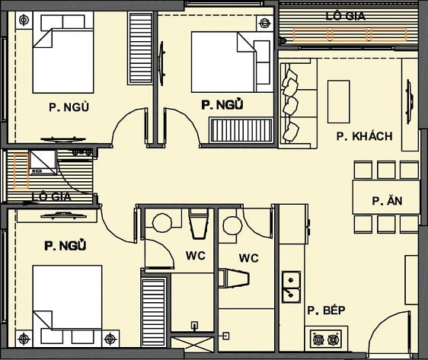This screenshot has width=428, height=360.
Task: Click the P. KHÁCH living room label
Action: [364, 136]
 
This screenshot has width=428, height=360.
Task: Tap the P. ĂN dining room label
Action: [386, 201]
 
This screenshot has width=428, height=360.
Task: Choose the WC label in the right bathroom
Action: [248, 258]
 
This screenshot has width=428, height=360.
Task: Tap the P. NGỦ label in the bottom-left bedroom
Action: [65, 246]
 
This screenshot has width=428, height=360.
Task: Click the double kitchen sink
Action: [290, 285]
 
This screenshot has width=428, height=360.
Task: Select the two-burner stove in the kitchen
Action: [327, 337]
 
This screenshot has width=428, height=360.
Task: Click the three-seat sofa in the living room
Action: [291, 104]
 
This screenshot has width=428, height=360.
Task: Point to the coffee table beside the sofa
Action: [338, 101]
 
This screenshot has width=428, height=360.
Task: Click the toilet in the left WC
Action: [198, 225]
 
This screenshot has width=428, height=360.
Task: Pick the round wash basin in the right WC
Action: [231, 224]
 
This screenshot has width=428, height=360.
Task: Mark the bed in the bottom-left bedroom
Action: [69, 299]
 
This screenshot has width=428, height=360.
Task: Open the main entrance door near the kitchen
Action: [388, 335]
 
